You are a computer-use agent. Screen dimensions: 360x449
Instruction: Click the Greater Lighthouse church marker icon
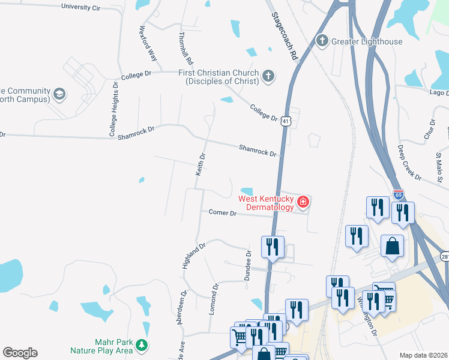[x=322, y=41]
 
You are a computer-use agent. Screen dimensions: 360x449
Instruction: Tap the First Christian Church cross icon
[x=268, y=76]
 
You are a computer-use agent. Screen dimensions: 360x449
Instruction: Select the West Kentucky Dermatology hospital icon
[x=303, y=202]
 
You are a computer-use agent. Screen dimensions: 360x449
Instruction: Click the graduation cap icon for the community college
[x=59, y=94]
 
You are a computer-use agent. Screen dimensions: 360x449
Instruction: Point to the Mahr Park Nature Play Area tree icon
[x=142, y=345]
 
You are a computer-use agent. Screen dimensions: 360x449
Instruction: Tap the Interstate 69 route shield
[x=399, y=194]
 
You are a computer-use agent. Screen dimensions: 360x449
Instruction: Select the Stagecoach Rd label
[x=285, y=36]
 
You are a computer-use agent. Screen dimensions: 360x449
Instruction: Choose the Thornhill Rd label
[x=185, y=49]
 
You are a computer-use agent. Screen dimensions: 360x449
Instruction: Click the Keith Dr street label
[x=201, y=164]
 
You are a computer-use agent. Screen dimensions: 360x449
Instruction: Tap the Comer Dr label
[x=223, y=212]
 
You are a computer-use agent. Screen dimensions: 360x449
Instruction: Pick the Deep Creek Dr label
[x=410, y=162]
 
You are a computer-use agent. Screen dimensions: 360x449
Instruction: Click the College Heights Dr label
[x=113, y=110]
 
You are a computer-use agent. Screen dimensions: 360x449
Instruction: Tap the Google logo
[x=20, y=353]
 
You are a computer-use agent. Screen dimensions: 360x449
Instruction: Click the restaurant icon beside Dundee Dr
[x=273, y=247]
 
